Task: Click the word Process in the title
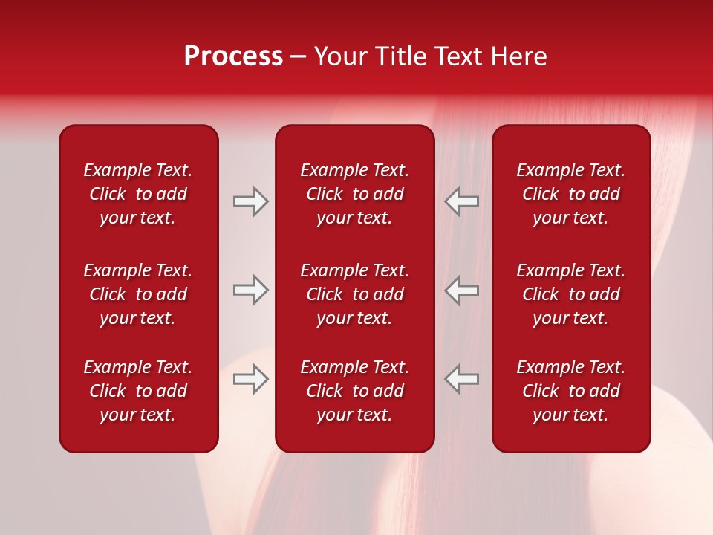[233, 56]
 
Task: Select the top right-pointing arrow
[250, 201]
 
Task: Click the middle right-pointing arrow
[250, 290]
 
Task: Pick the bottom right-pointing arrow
[250, 379]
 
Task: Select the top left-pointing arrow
[462, 201]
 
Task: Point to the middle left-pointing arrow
[462, 290]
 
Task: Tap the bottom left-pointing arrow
[462, 379]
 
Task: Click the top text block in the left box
[138, 194]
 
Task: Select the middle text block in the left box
[138, 294]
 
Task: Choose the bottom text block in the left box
[138, 391]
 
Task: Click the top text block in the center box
[354, 194]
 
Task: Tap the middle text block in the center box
[354, 294]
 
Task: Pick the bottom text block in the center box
[354, 391]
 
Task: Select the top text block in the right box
[570, 194]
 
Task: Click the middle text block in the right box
[570, 294]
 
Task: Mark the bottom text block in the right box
[570, 391]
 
